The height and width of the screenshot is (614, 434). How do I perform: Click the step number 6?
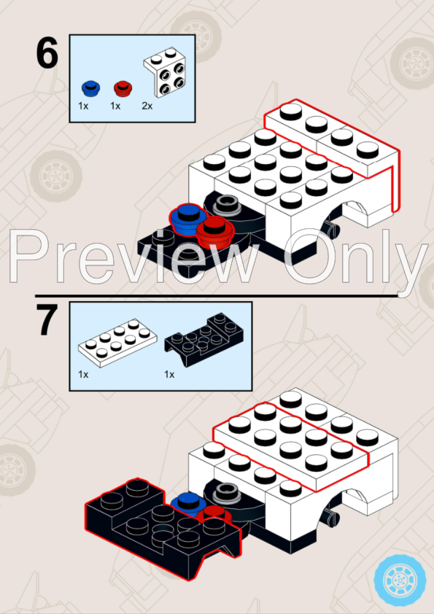47,53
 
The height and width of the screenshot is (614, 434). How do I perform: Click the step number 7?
47,320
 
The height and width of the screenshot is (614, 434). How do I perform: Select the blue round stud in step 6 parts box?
91,88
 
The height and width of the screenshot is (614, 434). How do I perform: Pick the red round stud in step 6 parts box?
123,88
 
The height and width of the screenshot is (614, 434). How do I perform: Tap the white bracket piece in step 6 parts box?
165,72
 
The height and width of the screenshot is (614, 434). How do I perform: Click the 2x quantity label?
147,106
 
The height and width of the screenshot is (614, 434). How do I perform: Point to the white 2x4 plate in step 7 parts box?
117,343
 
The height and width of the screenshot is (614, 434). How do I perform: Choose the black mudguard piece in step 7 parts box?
204,339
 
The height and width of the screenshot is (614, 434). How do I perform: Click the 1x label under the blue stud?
83,106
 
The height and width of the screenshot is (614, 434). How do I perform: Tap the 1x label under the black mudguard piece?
169,375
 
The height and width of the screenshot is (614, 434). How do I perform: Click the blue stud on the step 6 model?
188,219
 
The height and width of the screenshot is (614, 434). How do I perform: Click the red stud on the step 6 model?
214,233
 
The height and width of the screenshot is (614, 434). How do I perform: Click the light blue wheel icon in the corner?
400,580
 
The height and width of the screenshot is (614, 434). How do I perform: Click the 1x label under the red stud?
115,106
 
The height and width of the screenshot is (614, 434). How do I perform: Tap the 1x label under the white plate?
83,375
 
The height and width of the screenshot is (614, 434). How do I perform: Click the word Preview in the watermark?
133,257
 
